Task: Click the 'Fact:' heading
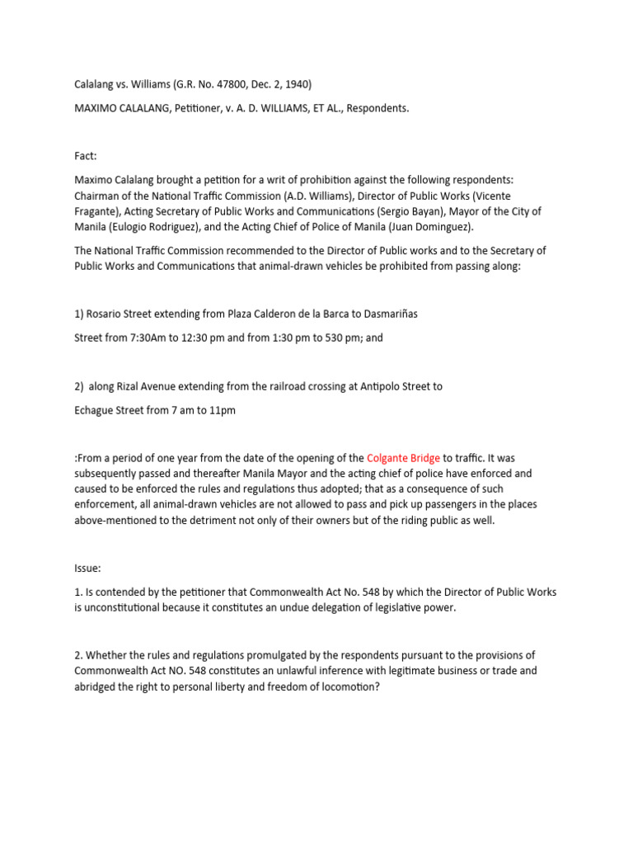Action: (x=86, y=156)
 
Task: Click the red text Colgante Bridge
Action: (x=403, y=458)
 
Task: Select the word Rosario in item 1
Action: (x=105, y=314)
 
